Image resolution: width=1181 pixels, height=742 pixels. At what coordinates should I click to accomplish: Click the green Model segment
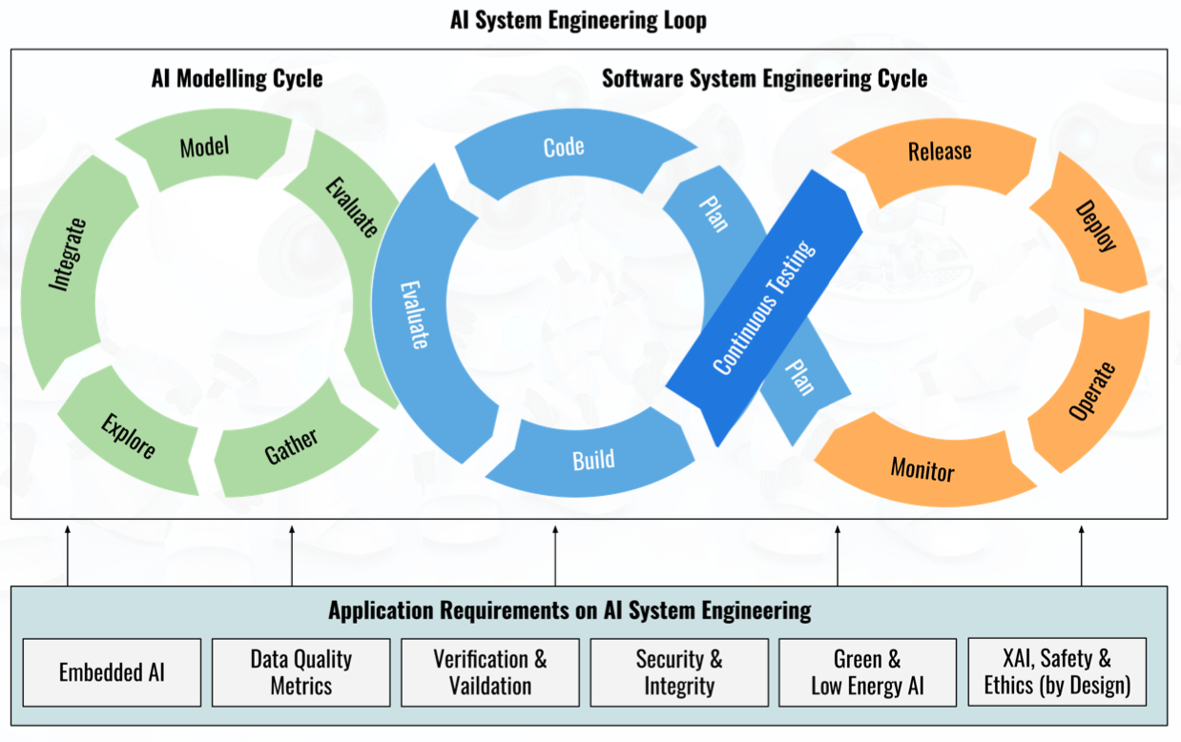[204, 148]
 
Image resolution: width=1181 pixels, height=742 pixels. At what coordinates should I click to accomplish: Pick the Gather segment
[292, 445]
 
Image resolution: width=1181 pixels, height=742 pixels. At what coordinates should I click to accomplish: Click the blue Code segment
[564, 148]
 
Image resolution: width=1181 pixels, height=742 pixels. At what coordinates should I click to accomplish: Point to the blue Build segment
[593, 460]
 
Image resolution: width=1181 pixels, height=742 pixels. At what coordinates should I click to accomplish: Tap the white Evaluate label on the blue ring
[414, 315]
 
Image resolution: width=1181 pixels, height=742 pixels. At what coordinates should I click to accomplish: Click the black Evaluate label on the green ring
[352, 207]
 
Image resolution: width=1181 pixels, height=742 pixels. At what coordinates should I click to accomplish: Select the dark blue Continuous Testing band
[764, 308]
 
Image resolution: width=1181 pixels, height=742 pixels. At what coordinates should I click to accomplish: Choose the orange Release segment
[940, 153]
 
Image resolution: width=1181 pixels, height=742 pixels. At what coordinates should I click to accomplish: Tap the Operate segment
[1092, 391]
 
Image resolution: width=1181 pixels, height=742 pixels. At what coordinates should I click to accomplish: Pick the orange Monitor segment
[922, 469]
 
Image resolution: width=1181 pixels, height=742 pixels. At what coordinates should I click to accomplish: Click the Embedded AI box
[112, 672]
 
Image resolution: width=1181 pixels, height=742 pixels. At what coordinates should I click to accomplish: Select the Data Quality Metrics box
[301, 672]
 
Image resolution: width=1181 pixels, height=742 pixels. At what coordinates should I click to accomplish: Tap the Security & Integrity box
[679, 672]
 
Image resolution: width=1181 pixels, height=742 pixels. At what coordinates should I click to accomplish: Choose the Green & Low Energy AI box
[868, 672]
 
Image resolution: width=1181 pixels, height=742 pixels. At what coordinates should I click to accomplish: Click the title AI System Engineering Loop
[578, 21]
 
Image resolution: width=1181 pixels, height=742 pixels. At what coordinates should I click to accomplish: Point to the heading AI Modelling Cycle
[238, 79]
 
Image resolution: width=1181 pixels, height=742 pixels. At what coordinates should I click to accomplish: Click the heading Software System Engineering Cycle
[764, 79]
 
